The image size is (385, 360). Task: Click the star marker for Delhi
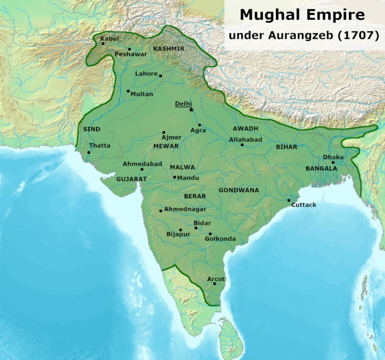[x=191, y=110]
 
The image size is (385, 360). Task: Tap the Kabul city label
[x=109, y=38]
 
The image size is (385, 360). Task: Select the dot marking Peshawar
[x=129, y=49]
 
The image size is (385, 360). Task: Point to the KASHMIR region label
[x=168, y=49]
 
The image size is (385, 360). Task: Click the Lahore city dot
[x=160, y=76]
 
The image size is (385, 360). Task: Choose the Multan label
[x=142, y=94]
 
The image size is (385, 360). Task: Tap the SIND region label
[x=92, y=129]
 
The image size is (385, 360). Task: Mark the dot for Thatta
[x=89, y=153]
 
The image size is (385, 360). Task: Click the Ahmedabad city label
[x=142, y=164]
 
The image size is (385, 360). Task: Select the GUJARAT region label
[x=131, y=178]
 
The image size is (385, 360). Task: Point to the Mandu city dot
[x=175, y=177]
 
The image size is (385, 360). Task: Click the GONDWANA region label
[x=239, y=190]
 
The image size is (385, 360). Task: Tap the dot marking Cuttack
[x=289, y=200]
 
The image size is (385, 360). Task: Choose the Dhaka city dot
[x=333, y=163]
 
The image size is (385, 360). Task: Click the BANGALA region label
[x=321, y=168]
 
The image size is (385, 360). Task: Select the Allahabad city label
[x=245, y=140]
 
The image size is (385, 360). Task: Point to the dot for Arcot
[x=214, y=284]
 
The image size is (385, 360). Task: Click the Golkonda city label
[x=220, y=239]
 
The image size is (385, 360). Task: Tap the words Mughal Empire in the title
[x=302, y=15]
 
